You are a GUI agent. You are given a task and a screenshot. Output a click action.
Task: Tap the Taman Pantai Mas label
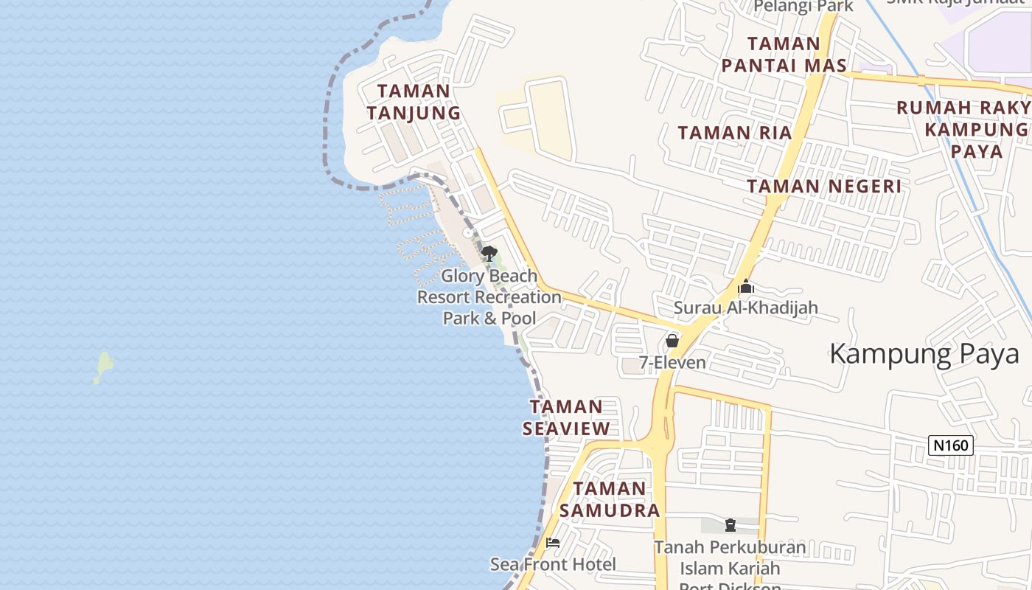pos(784,55)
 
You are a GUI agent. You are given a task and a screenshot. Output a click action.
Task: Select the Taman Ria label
pos(734,133)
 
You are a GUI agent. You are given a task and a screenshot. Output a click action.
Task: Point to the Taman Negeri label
pos(823,186)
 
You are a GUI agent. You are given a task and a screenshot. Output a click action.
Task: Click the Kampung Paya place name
pos(924,354)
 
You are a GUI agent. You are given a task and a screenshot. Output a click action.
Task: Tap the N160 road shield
pos(951,445)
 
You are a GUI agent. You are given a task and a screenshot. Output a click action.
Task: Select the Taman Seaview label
pos(566,417)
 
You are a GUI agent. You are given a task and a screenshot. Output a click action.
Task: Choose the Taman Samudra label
pos(609,499)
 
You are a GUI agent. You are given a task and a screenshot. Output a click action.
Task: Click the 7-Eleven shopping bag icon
pos(672,341)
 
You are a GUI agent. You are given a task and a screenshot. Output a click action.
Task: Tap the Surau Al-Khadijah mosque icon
pos(745,286)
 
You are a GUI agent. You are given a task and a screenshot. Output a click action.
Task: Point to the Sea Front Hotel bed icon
pos(553,543)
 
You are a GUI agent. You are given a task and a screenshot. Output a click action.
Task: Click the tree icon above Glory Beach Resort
pos(489,254)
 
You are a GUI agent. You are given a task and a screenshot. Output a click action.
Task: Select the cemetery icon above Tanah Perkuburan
pos(730,525)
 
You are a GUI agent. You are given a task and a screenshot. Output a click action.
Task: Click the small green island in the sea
pos(104,367)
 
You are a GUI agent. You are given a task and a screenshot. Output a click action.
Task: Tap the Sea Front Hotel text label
pos(553,565)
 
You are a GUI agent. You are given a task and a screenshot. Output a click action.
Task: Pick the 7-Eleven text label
pos(672,363)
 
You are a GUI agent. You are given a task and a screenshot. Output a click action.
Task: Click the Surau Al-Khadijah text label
pos(745,308)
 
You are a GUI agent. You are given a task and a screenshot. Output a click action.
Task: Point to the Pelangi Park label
pos(803,7)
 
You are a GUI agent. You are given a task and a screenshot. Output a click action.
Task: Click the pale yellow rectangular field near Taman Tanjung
pos(548,118)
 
